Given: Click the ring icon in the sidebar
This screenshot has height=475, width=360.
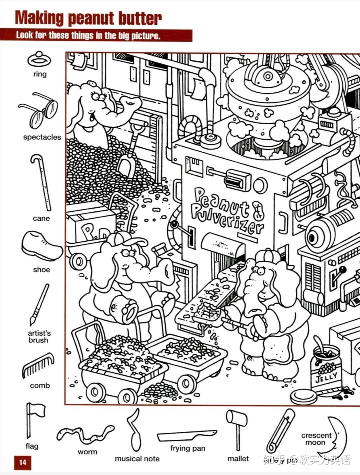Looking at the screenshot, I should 39,59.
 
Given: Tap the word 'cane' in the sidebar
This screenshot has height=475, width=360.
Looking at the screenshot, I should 41,218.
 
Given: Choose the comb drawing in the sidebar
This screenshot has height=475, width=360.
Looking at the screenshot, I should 38,366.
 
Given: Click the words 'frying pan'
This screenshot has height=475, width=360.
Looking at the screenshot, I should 187,448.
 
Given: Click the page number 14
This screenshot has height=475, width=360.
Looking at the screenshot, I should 22,462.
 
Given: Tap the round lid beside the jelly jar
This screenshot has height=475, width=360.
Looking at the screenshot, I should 304,397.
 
